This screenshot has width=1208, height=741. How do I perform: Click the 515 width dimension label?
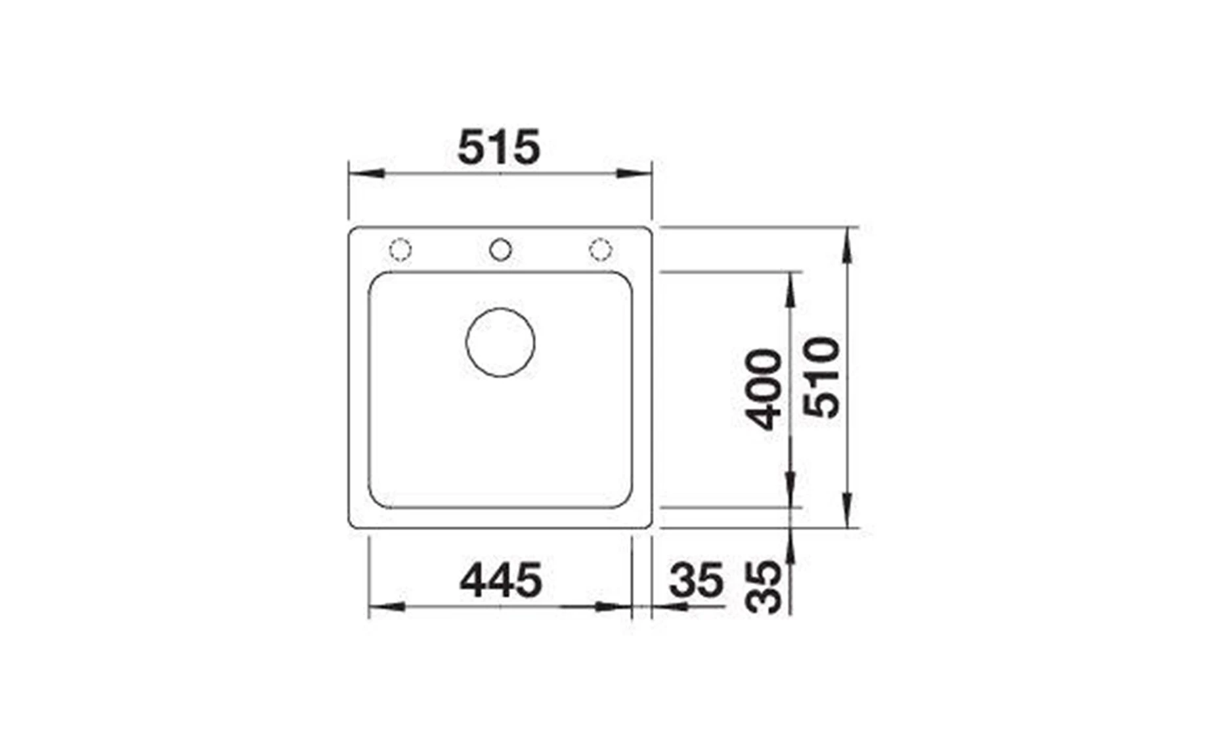tap(499, 147)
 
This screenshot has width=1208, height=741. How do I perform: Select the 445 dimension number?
tap(501, 580)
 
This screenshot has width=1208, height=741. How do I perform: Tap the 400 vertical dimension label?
tap(765, 389)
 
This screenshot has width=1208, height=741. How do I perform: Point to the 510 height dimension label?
tap(822, 377)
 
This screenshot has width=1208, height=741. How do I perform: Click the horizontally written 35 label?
tap(697, 580)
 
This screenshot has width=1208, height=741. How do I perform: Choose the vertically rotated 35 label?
tap(765, 587)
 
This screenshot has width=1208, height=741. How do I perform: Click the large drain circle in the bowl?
tap(500, 342)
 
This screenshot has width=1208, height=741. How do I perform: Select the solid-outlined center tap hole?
tap(500, 250)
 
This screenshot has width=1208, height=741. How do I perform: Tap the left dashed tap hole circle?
tap(400, 250)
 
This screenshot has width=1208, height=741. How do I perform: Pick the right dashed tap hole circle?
tap(600, 250)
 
